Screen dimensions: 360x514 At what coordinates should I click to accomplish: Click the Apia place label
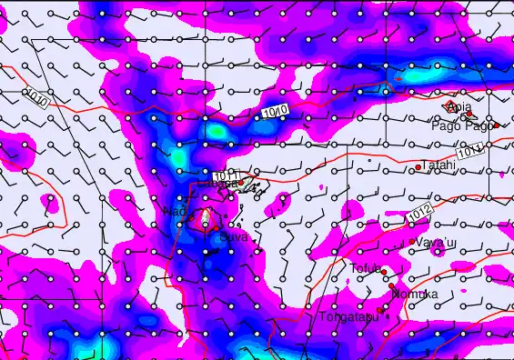pos(460,108)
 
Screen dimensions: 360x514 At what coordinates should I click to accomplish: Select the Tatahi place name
pos(439,165)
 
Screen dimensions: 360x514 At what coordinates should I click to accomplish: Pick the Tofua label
pos(364,268)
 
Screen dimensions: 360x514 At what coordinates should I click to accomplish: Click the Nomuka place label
pos(414,295)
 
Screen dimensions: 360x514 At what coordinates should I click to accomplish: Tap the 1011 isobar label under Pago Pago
pos(470,151)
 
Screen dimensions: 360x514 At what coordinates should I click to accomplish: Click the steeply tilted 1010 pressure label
pos(37,96)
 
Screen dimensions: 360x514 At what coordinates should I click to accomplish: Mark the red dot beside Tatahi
pos(418,167)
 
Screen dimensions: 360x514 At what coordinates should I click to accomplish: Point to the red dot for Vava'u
pos(412,242)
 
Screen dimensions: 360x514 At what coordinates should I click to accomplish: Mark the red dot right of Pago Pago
pos(497,125)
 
